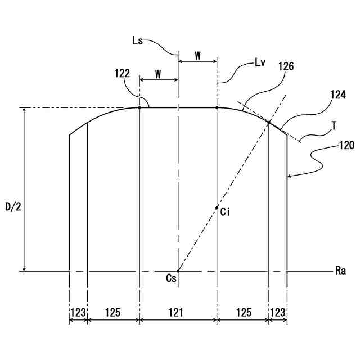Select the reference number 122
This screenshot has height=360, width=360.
tap(121, 73)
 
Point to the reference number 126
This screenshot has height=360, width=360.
tap(286, 66)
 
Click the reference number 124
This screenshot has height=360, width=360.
tap(337, 95)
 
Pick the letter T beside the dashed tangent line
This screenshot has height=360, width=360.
tap(334, 127)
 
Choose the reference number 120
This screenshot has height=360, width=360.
tap(346, 145)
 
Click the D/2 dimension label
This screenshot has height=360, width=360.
tap(13, 206)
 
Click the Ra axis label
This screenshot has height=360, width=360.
tap(340, 271)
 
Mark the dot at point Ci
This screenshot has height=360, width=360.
tap(217, 208)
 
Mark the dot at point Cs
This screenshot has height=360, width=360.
tap(178, 271)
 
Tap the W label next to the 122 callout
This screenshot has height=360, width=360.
tap(158, 75)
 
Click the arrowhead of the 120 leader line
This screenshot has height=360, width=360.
tap(289, 177)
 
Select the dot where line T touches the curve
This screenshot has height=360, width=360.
tap(269, 123)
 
